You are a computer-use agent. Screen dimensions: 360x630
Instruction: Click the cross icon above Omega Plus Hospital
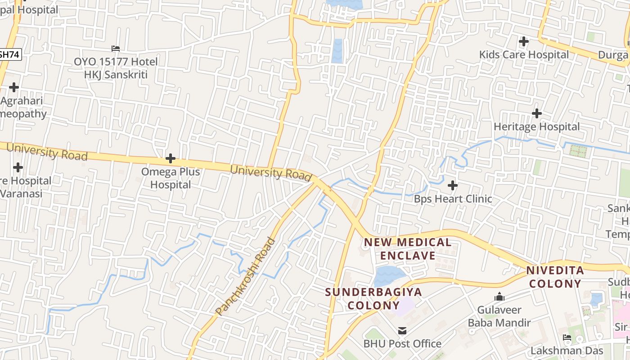[170, 158]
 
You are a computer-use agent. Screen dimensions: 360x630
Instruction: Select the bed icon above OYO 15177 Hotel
[116, 49]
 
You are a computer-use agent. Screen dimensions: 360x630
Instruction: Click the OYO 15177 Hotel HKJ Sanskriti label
[116, 68]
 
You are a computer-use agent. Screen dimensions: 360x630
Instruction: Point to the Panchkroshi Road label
[245, 276]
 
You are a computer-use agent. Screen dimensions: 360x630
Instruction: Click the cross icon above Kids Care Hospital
[523, 42]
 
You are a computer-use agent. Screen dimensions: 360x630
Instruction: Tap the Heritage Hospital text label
[536, 127]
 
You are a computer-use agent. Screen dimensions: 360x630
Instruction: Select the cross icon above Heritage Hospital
[536, 113]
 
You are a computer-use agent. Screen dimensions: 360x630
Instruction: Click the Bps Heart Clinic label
[453, 198]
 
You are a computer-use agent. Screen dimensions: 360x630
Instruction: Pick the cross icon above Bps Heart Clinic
[453, 185]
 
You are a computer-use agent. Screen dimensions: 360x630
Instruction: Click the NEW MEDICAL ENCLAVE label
[408, 249]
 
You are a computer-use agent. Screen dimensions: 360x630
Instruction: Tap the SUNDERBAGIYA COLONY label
[373, 298]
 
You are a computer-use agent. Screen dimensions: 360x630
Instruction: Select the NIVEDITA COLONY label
[555, 277]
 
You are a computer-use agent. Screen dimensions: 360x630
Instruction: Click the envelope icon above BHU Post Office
[402, 331]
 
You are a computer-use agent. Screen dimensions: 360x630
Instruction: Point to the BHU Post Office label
[402, 344]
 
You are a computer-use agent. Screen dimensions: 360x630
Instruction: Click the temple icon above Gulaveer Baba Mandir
[499, 297]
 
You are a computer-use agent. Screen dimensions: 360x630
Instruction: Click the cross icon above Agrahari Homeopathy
[14, 87]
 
